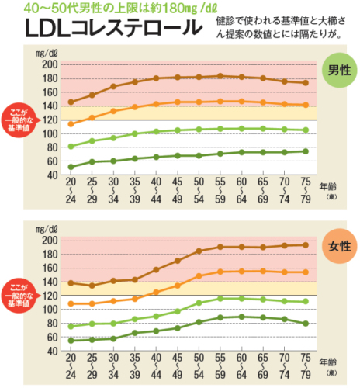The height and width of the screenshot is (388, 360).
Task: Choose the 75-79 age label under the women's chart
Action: click(304, 368)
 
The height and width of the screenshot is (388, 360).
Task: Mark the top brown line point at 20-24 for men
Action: click(71, 102)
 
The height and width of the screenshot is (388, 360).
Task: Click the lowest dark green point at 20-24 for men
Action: click(71, 166)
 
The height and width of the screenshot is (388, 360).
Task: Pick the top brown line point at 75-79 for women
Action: click(304, 245)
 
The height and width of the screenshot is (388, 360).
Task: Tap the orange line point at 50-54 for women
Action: click(199, 275)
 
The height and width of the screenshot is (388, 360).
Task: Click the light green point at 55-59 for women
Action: click(220, 298)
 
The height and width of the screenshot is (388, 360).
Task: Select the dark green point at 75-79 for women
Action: click(304, 323)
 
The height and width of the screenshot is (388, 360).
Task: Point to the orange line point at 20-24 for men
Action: click(71, 124)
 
